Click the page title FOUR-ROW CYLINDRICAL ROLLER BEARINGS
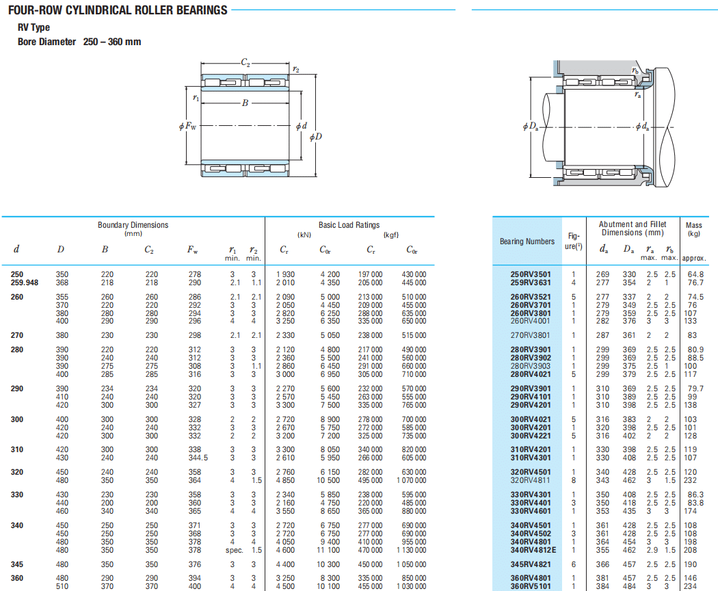tap(118, 10)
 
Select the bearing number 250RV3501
tap(531, 274)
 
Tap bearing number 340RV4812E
tap(533, 550)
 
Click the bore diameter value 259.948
tap(25, 283)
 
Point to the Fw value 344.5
tap(198, 458)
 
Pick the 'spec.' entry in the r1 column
tap(234, 550)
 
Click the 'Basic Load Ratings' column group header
tap(349, 225)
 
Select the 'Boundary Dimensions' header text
tap(133, 225)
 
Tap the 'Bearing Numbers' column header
tap(527, 241)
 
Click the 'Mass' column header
tap(694, 225)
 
